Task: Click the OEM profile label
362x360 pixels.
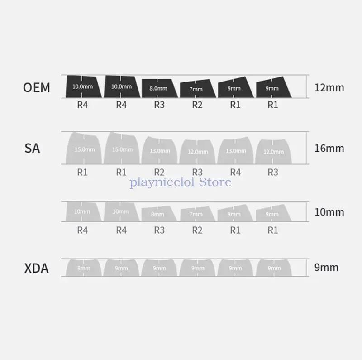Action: [37, 87]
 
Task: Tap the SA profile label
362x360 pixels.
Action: [32, 148]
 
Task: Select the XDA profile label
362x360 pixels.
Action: [36, 268]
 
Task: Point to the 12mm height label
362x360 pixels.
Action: [329, 87]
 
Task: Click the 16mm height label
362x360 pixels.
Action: [329, 148]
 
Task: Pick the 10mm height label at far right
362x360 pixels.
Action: [329, 212]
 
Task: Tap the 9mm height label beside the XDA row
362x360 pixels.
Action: [326, 267]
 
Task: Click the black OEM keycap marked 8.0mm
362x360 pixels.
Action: [158, 88]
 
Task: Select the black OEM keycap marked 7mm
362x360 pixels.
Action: [196, 89]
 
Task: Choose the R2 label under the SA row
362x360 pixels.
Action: [159, 172]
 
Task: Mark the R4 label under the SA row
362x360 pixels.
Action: [235, 172]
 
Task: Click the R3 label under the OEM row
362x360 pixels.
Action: [159, 105]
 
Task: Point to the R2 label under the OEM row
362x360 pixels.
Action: [197, 105]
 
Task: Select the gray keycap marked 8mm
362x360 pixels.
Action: [158, 214]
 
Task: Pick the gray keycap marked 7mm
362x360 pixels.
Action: [196, 215]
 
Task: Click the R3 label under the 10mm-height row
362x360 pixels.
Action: [159, 230]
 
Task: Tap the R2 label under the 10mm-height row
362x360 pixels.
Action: [197, 230]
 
